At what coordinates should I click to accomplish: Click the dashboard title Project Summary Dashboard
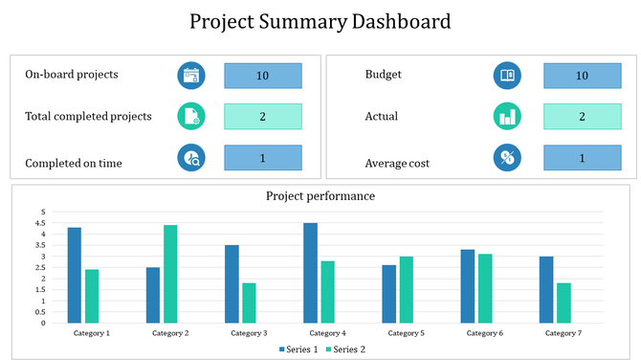[x=320, y=22]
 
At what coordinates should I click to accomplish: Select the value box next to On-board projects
[x=263, y=76]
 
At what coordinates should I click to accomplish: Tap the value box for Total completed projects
[x=263, y=116]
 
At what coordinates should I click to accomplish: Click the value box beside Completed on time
[x=263, y=158]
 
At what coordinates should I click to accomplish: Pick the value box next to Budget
[x=582, y=76]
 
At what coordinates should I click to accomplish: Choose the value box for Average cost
[x=582, y=158]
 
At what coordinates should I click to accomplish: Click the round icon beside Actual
[x=507, y=117]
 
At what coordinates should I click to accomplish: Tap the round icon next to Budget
[x=507, y=76]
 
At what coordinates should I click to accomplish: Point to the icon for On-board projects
[x=191, y=76]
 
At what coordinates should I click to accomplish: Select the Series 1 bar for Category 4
[x=310, y=273]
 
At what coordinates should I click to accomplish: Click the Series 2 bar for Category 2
[x=170, y=274]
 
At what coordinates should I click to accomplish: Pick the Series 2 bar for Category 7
[x=564, y=303]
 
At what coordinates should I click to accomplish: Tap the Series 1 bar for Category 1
[x=75, y=275]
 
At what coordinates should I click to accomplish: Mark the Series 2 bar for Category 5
[x=407, y=289]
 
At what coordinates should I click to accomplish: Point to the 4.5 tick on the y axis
[x=41, y=222]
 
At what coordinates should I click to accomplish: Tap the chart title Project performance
[x=320, y=196]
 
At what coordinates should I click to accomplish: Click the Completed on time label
[x=74, y=163]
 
